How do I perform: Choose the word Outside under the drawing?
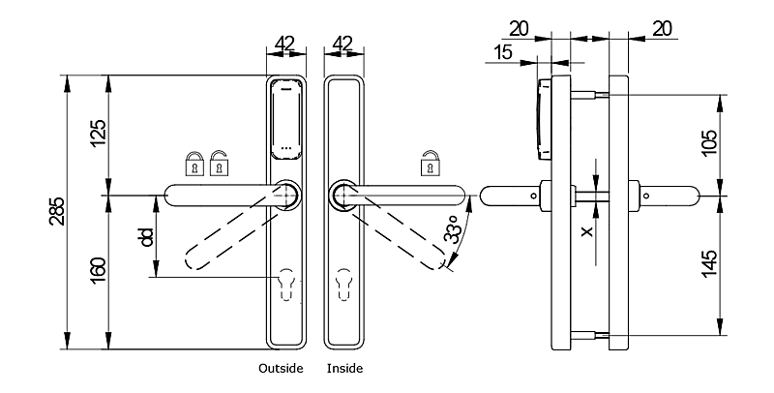(x=281, y=369)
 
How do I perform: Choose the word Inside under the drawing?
(x=345, y=369)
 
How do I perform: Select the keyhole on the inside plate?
(x=345, y=283)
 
